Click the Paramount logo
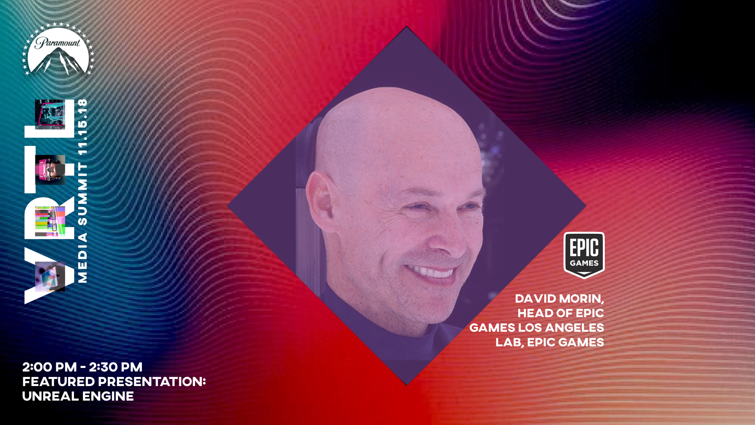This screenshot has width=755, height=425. click(58, 49)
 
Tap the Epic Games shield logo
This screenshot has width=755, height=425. click(584, 255)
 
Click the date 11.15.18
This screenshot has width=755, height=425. click(83, 127)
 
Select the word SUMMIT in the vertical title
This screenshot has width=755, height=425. click(83, 194)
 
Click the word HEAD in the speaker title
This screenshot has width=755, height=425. click(535, 313)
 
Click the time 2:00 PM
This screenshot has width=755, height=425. click(50, 367)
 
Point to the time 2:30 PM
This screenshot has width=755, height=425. click(116, 367)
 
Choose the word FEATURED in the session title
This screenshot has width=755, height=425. click(59, 382)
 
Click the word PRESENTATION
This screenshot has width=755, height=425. click(152, 382)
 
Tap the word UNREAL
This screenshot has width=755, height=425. click(50, 396)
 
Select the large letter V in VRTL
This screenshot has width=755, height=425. click(49, 275)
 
